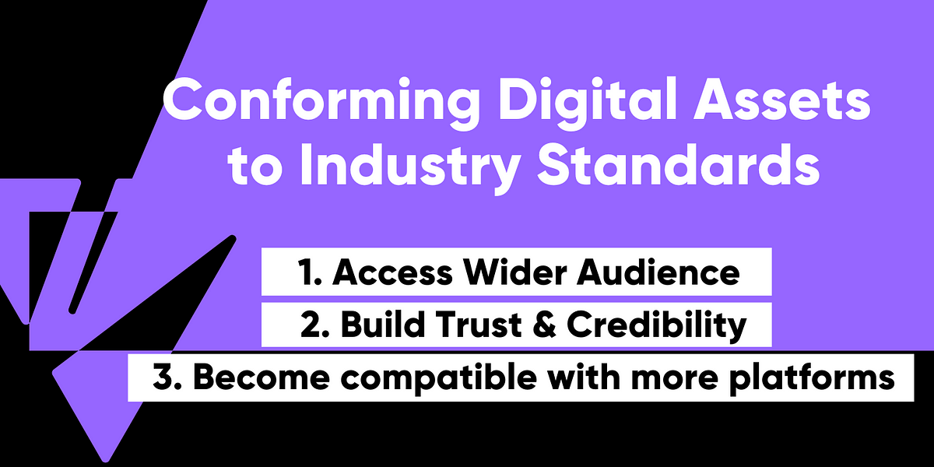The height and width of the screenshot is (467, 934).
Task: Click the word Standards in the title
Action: pyautogui.click(x=679, y=163)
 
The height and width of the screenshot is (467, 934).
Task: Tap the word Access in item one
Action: pyautogui.click(x=393, y=272)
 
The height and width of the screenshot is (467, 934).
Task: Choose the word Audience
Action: pyautogui.click(x=658, y=272)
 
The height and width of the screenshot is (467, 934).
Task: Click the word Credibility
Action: pyautogui.click(x=656, y=327)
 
